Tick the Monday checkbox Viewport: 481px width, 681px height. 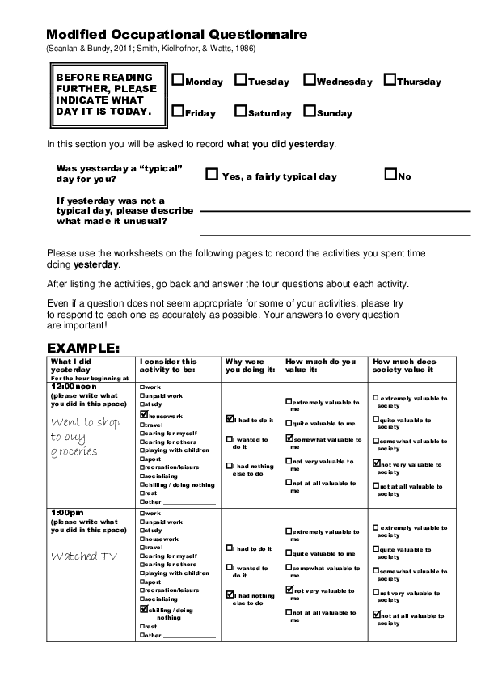(178, 80)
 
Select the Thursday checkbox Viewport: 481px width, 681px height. (390, 80)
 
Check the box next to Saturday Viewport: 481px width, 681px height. (241, 112)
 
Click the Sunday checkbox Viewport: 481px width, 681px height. (310, 112)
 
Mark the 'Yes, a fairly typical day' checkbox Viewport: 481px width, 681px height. (212, 174)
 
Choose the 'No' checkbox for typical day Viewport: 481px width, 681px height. (390, 174)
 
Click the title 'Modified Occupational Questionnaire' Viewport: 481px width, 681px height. (176, 35)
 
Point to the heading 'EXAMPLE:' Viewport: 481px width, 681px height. (83, 349)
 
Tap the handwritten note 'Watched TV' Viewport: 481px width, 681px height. (85, 556)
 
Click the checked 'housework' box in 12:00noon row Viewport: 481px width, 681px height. (144, 413)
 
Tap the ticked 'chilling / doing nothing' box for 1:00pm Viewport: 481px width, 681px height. (144, 609)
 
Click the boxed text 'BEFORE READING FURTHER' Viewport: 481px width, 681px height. (103, 94)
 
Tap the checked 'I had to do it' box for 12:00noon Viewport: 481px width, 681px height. (230, 420)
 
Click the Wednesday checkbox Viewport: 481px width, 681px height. (310, 80)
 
